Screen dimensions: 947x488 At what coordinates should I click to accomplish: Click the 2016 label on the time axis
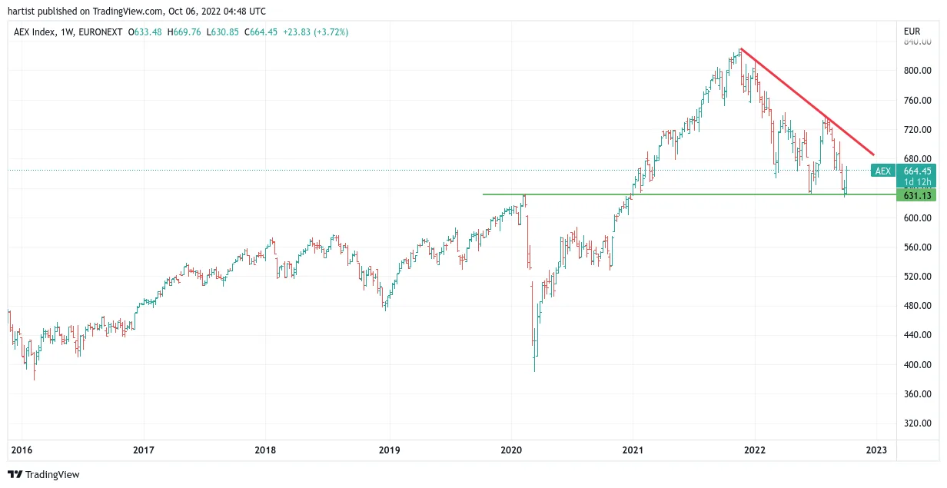tap(22, 450)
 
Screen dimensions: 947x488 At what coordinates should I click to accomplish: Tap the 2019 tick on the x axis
tap(390, 450)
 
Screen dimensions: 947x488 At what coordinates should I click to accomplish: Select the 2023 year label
tap(876, 450)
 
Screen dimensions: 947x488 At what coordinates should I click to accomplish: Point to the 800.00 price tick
tap(918, 71)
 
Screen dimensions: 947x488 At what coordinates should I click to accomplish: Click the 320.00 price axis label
tap(918, 423)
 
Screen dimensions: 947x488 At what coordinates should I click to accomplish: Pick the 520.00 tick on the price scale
tap(918, 277)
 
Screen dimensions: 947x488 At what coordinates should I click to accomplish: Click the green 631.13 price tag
tap(916, 196)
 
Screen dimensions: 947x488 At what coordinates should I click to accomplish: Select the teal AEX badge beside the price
tap(882, 171)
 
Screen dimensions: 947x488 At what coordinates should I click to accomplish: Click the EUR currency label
tap(912, 32)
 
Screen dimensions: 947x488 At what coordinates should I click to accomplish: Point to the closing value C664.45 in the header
tap(261, 32)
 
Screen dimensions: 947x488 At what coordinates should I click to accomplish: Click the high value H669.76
tap(184, 32)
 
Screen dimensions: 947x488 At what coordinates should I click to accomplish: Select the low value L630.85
tap(222, 32)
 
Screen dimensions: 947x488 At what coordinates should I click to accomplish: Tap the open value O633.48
tap(145, 32)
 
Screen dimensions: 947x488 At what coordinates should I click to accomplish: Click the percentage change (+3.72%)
tap(331, 32)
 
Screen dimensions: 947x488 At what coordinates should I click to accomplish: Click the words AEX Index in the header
tap(35, 32)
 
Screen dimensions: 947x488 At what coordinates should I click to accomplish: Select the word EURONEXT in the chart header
tap(100, 32)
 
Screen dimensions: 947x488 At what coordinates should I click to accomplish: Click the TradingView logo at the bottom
tap(44, 474)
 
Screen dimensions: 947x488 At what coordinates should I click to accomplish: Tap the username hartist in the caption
tap(22, 12)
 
